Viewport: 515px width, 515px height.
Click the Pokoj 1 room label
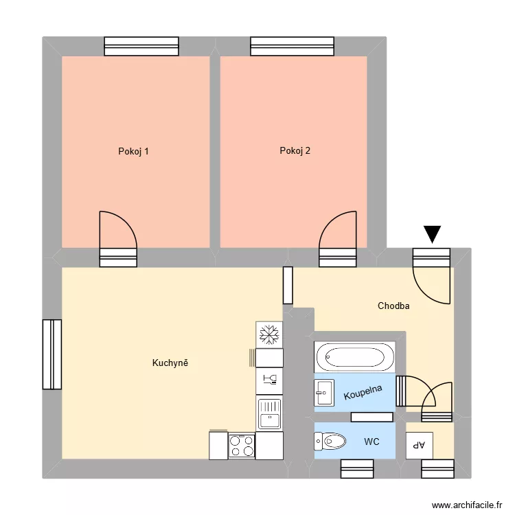[x=133, y=151]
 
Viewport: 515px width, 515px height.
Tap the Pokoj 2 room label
[x=295, y=151]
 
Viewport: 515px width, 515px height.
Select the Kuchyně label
[x=170, y=363]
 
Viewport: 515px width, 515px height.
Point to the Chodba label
[x=393, y=306]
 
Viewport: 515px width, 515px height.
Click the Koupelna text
[x=363, y=396]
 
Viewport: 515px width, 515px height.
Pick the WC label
[x=371, y=442]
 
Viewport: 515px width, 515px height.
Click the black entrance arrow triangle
[x=432, y=235]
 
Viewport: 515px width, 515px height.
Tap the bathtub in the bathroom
[x=354, y=357]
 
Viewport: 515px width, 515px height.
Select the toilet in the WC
[x=332, y=440]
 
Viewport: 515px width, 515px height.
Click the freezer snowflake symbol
[x=269, y=334]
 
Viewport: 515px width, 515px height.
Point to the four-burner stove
[x=242, y=446]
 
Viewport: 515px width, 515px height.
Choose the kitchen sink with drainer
[x=270, y=413]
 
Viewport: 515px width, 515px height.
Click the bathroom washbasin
[x=323, y=395]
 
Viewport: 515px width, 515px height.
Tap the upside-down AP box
[x=419, y=445]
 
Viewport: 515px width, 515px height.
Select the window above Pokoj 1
[x=141, y=46]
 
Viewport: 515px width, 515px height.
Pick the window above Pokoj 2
[x=293, y=46]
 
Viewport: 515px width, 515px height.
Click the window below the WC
[x=357, y=468]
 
